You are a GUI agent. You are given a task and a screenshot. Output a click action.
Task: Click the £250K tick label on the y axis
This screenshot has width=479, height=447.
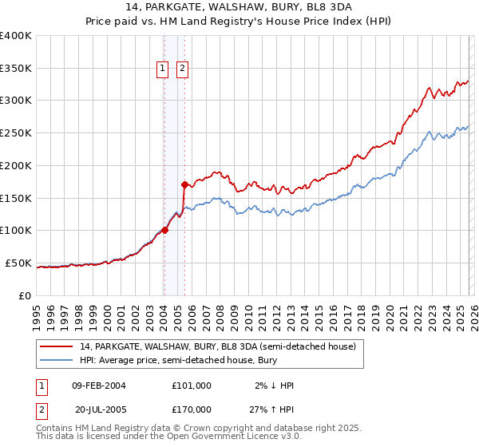pos(16,133)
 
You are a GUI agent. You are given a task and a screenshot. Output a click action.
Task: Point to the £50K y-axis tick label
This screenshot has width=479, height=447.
pos(18,263)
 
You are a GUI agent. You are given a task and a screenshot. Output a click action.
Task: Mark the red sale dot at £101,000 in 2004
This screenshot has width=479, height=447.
pos(164,230)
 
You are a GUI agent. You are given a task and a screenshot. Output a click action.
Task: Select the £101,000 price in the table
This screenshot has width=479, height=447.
pos(191,386)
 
